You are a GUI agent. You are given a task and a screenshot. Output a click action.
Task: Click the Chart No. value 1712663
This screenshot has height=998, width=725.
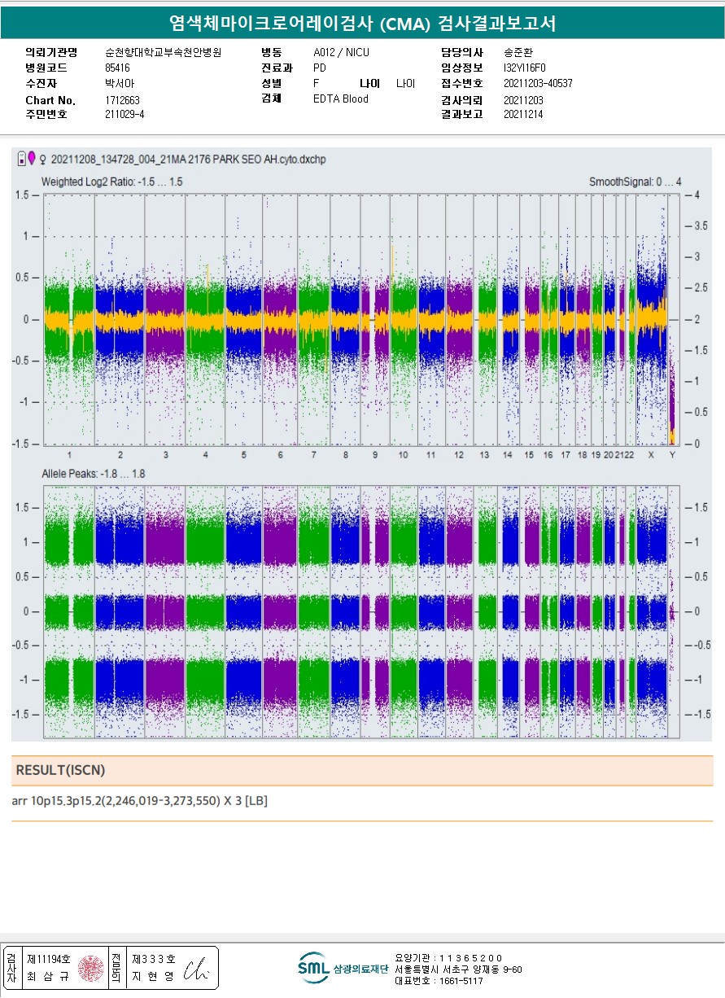click(x=123, y=100)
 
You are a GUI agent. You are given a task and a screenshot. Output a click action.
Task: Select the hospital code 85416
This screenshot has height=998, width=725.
click(x=117, y=68)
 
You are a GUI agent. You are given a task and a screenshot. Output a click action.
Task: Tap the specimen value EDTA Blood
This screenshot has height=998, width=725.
click(x=340, y=99)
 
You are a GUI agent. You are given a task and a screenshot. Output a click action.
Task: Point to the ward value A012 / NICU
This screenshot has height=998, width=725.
click(x=341, y=53)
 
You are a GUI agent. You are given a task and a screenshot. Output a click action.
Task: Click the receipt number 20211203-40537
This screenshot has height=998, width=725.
click(x=538, y=84)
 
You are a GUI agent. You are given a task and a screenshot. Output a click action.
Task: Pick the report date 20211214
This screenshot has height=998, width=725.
click(x=523, y=115)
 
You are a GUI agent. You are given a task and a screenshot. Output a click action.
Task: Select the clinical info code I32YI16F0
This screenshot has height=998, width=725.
click(x=525, y=68)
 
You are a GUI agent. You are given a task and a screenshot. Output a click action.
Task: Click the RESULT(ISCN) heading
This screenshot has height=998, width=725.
click(x=61, y=770)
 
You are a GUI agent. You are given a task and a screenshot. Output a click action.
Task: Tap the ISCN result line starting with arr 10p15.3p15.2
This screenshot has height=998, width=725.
click(x=140, y=801)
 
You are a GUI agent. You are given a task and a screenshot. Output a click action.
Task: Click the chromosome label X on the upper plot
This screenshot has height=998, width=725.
click(x=650, y=455)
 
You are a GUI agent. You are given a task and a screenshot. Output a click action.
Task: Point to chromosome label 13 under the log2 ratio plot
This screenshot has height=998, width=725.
click(x=484, y=455)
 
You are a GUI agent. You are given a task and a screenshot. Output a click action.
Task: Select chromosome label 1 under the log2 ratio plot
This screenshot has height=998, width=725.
click(x=70, y=455)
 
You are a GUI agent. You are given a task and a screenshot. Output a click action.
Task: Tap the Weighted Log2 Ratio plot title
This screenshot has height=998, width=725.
click(x=112, y=182)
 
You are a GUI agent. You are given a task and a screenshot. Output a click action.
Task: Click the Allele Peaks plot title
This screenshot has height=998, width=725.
click(x=94, y=474)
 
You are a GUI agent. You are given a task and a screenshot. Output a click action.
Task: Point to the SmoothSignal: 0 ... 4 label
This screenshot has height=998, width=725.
click(x=635, y=182)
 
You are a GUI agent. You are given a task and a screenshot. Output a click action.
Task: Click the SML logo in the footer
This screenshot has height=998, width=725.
click(x=313, y=967)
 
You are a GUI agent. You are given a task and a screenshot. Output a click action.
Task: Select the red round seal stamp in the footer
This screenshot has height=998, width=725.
click(x=90, y=968)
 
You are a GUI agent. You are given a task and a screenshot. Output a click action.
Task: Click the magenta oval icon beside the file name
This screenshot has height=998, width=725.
click(x=32, y=158)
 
